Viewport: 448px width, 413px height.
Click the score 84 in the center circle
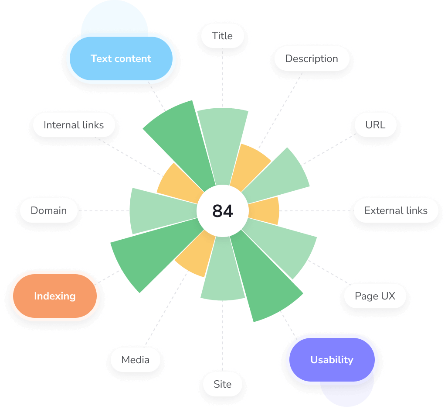[223, 211]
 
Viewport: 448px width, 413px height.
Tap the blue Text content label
[121, 59]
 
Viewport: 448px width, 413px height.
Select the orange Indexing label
[55, 296]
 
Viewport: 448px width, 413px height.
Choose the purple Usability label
[332, 360]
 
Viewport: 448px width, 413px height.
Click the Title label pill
[222, 36]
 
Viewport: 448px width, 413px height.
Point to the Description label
[312, 59]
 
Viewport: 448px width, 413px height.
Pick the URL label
[375, 125]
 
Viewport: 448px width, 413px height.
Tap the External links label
[396, 210]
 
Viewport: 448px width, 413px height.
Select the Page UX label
[375, 296]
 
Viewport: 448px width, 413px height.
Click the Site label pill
[222, 384]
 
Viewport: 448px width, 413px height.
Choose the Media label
[136, 360]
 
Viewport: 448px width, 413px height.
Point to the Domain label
[49, 210]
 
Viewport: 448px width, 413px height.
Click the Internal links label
[74, 125]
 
